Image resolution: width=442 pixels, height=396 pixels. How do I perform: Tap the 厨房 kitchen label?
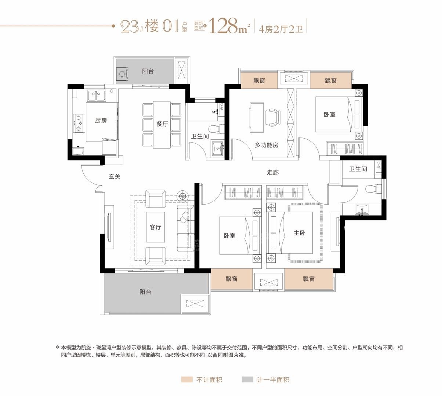point(101,120)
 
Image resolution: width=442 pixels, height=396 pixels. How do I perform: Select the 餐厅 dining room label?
point(162,124)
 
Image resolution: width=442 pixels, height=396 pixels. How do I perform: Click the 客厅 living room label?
point(155,227)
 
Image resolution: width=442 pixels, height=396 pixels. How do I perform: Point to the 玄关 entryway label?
point(115,176)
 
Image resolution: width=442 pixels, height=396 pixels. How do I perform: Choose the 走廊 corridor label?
point(272,172)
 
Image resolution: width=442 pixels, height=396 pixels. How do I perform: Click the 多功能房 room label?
point(267,145)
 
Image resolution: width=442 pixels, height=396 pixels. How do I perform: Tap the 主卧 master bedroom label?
point(299,233)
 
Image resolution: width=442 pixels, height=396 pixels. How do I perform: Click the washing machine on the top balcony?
point(123,74)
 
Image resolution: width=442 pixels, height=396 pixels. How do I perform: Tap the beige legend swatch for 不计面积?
point(186,379)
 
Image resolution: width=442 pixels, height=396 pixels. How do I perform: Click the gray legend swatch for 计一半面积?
point(247,379)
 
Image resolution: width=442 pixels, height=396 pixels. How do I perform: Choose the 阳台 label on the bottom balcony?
point(145,292)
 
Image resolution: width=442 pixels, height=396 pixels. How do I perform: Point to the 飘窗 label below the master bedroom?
point(309,279)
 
